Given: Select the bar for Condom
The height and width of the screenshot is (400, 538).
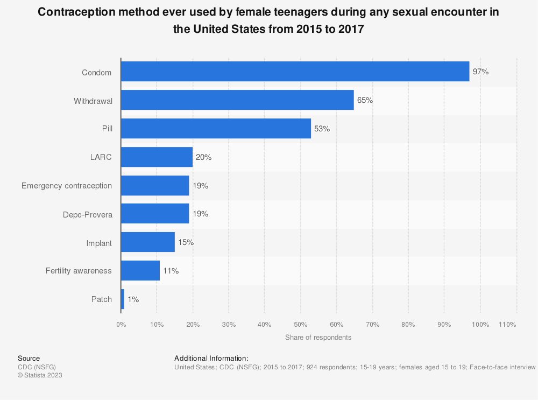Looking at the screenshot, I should coord(295,72).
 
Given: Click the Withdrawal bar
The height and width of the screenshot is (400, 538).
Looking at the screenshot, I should coord(237,100).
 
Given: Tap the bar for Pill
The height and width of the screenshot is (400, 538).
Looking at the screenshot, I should coord(216,129).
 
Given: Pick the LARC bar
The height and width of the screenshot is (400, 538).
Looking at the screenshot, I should coord(157,157).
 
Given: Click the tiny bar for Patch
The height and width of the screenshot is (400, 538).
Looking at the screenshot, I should coord(123,299).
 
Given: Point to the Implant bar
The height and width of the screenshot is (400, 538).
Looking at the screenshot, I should coord(148,242).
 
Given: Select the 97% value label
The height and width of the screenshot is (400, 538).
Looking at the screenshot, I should coord(480,72).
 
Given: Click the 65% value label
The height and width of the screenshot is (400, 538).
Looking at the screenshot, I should coord(365,100).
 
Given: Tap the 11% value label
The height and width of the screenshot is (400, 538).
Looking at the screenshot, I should coord(171,271).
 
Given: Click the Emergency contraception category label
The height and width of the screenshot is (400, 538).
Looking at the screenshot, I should coord(67,186).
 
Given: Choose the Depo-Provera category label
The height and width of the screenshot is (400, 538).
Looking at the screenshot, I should coord(87,214).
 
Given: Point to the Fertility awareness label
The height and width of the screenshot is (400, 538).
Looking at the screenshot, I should coord(79,271).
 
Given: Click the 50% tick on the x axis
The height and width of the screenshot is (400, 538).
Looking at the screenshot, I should coord(300,325).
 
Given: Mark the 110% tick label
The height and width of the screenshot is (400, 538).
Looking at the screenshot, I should coord(507,325).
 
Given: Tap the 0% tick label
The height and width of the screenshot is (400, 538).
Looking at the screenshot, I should coord(121,325).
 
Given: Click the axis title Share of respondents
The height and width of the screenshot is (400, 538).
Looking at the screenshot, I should coord(318,338).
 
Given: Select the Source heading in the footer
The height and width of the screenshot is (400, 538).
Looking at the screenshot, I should coord(29,358).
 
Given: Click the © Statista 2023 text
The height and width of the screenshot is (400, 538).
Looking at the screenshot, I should coord(40,375).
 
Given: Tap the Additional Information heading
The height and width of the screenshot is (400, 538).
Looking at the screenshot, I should coord(211,358).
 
